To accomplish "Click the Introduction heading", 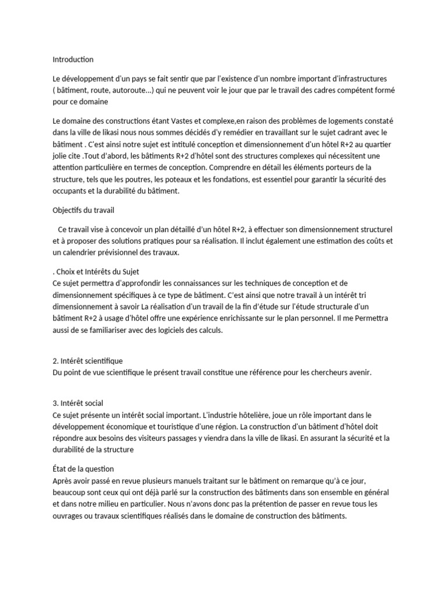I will coord(73,59).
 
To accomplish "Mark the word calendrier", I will coord(89,253).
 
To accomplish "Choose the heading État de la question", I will coord(83,469).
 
